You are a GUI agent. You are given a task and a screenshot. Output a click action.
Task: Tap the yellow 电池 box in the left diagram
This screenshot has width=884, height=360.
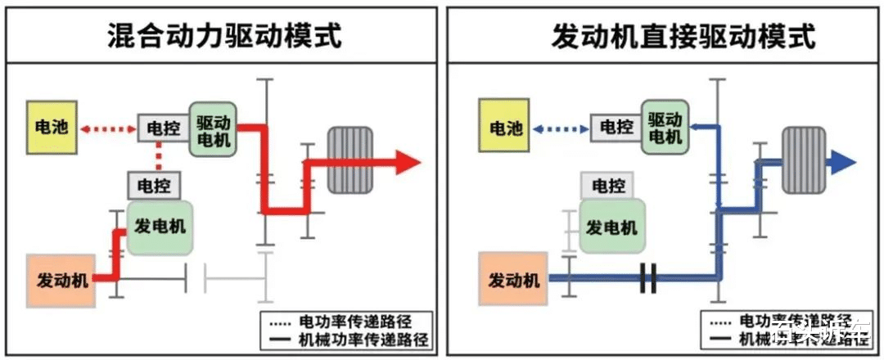point(52,128)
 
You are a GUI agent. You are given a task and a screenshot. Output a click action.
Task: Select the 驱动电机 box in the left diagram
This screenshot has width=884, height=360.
point(214,128)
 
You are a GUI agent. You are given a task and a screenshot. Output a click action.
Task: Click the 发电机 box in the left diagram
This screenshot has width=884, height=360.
point(160,227)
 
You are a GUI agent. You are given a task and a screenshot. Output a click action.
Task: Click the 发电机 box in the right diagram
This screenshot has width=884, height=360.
point(610,227)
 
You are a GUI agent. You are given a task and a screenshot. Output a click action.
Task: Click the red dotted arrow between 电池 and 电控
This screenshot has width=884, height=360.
point(108,128)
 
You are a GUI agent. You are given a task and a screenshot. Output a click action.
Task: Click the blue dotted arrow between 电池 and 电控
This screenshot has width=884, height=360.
point(561,128)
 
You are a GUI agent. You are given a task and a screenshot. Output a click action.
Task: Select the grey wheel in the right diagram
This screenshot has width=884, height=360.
point(802,160)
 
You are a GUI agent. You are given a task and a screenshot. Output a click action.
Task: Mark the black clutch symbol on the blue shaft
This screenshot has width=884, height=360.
point(649,278)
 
